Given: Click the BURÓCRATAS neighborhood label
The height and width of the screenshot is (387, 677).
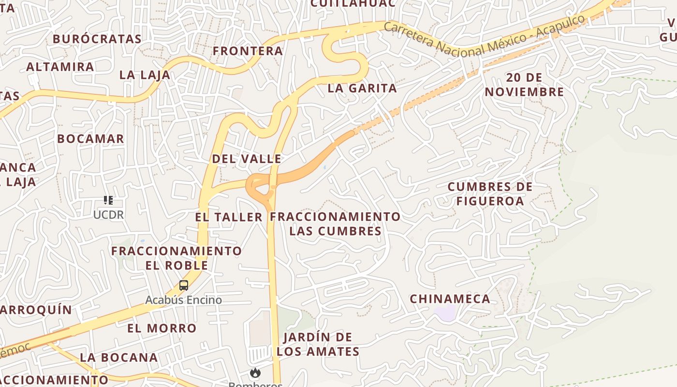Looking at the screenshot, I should [97, 39].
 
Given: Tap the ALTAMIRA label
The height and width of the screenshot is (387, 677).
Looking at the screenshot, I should [60, 67].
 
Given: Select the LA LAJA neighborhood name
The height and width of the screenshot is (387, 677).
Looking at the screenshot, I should [145, 75].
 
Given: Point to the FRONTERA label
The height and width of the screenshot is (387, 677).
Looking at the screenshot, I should [248, 51].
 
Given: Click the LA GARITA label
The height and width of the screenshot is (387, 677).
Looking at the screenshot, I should [362, 88].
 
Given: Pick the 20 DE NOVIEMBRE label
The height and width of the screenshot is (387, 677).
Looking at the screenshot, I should [525, 85].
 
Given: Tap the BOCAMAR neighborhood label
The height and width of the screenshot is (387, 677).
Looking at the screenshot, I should [90, 139].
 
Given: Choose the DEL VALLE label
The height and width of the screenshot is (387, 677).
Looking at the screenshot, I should [247, 159].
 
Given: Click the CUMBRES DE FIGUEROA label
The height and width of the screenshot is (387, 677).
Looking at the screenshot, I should [490, 193].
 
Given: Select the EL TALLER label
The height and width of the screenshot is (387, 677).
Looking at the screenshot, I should [229, 217].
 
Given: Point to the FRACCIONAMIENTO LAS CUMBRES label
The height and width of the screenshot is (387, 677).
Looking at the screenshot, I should [336, 223].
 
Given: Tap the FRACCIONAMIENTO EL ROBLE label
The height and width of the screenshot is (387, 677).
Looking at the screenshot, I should [177, 258].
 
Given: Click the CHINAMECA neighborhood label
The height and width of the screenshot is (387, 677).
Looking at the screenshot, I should [450, 299].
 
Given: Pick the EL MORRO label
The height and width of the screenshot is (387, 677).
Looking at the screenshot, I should [162, 328].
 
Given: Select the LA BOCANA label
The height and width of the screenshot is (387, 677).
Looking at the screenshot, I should [119, 357].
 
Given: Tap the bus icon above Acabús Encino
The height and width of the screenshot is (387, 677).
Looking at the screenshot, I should [184, 285].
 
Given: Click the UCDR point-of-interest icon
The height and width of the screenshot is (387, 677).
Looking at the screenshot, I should [108, 200].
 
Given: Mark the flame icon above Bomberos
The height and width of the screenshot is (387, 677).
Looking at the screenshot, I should [255, 373].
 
